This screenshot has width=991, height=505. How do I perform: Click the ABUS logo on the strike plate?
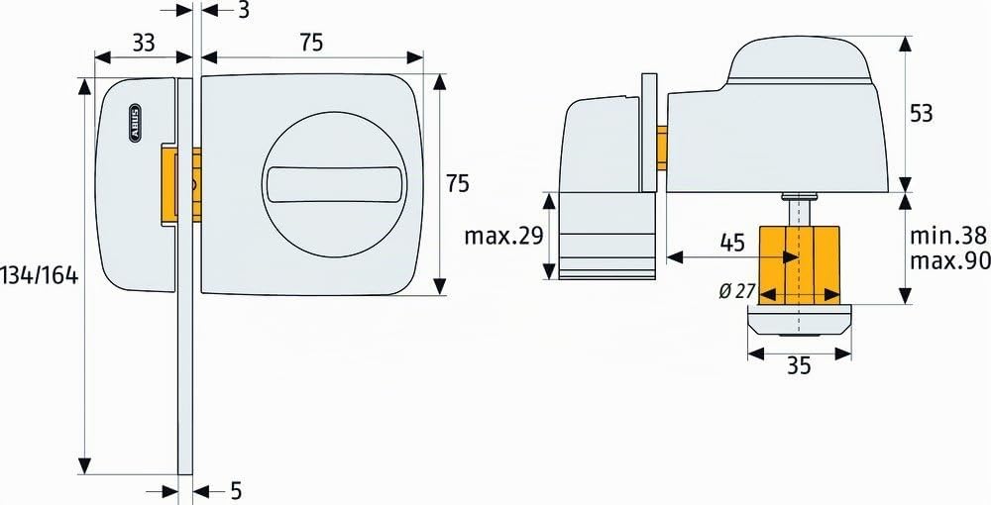click(x=135, y=121)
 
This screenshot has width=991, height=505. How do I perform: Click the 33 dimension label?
click(x=144, y=43)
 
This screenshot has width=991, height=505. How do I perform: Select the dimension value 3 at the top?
click(x=244, y=10)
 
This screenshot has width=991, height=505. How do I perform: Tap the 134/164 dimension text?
click(x=40, y=275)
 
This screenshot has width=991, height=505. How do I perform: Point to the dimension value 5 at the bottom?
click(x=235, y=490)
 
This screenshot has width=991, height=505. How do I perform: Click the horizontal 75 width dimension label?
click(x=311, y=43)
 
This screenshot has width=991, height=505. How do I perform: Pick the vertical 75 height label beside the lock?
click(x=458, y=184)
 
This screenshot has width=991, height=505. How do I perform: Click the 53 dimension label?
click(x=921, y=114)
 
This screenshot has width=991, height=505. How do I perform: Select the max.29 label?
click(x=503, y=236)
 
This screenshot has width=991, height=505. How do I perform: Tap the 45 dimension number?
click(x=733, y=243)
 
